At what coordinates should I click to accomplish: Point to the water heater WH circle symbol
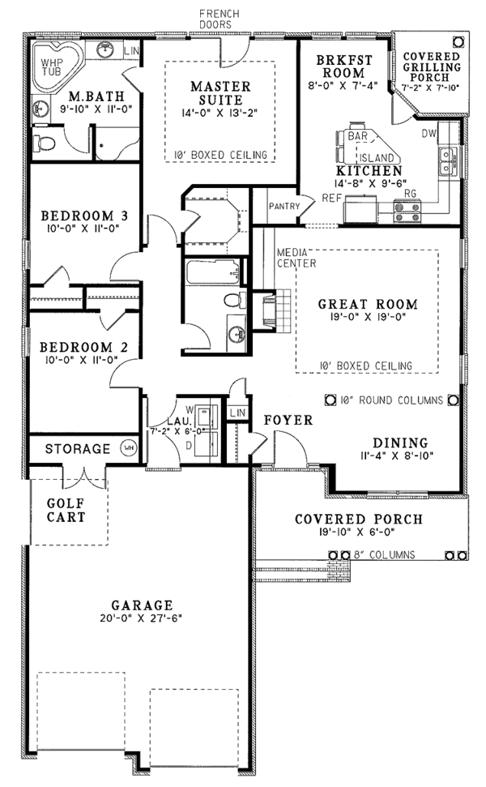(x=128, y=447)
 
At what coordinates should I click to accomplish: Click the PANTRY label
(x=284, y=207)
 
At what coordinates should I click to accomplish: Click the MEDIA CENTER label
(x=295, y=257)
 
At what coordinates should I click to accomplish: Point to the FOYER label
(x=288, y=420)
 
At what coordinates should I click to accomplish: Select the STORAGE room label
(x=78, y=448)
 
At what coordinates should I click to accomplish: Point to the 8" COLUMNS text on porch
(x=385, y=555)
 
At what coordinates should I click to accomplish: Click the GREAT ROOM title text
(x=367, y=305)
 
